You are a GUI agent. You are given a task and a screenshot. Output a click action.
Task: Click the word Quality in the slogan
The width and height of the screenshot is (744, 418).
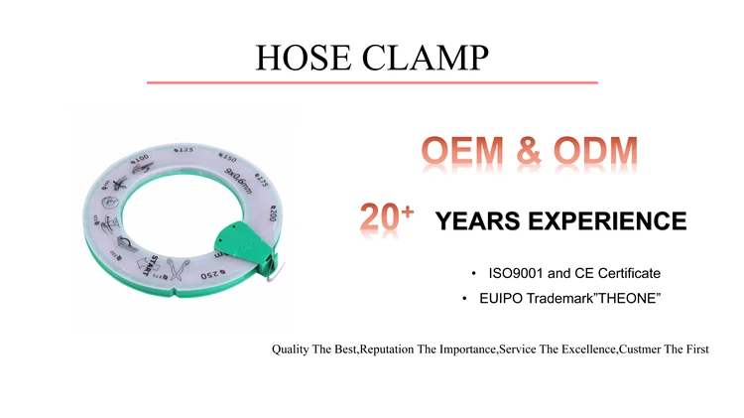[290, 350]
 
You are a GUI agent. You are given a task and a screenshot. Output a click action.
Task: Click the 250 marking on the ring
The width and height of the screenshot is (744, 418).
[214, 275]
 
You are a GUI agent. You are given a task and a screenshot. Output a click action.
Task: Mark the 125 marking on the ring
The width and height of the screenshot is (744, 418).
[183, 149]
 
